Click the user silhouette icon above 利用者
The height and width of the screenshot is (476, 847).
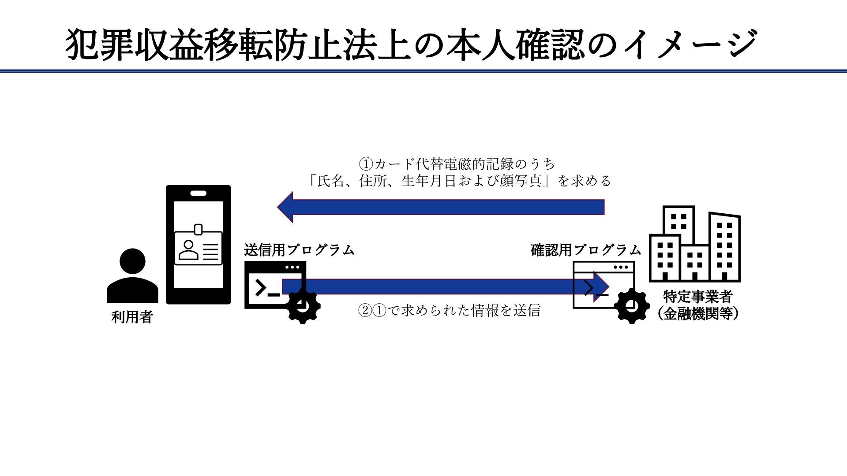point(132,275)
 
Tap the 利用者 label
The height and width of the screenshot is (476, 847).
point(132,317)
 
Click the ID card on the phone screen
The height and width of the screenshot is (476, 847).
point(199,249)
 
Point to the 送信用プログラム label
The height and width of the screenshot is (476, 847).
point(299,250)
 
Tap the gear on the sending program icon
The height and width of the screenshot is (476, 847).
point(303,306)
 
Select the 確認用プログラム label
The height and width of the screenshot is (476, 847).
point(585,250)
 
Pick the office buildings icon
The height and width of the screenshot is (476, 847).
point(695,245)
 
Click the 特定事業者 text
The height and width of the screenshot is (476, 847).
point(697,296)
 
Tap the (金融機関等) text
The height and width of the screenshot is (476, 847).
point(697,314)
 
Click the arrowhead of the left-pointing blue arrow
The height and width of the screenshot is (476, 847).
point(286,207)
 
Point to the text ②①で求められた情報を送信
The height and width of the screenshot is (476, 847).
point(449,311)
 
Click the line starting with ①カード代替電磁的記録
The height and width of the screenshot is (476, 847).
point(457,164)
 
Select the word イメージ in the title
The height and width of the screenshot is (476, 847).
point(688,45)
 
